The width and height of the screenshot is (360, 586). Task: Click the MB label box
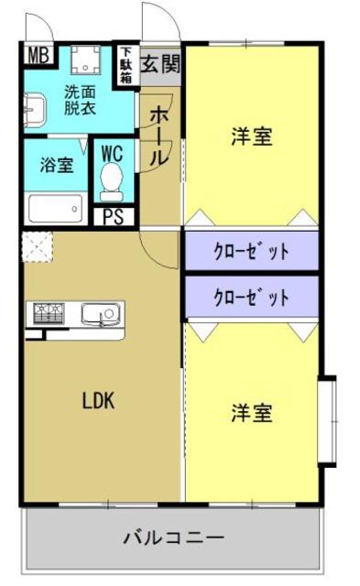click(x=38, y=55)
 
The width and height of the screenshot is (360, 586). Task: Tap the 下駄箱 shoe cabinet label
click(x=126, y=66)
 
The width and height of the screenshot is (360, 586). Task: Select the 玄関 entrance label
click(x=160, y=63)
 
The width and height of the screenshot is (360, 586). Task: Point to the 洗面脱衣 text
click(x=80, y=100)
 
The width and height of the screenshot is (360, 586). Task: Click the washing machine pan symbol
click(x=86, y=60)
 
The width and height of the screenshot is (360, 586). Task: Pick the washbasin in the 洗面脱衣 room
click(x=35, y=110)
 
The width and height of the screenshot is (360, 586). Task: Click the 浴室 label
click(x=56, y=165)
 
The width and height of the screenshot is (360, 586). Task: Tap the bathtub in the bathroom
click(x=56, y=209)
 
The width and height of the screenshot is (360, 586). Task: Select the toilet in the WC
click(x=111, y=181)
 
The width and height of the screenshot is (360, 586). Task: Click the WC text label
click(x=112, y=153)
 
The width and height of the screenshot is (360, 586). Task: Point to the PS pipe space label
click(x=114, y=216)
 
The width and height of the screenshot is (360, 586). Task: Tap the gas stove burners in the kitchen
click(x=49, y=313)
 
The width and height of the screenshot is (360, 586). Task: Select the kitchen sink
click(x=102, y=314)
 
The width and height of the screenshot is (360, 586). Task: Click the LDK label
click(x=98, y=401)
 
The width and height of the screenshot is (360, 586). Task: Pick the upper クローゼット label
click(x=251, y=251)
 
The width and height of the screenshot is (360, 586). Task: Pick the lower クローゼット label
click(x=251, y=298)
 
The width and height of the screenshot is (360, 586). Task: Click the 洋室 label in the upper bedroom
click(x=252, y=136)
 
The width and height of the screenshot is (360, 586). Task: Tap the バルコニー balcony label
click(x=174, y=537)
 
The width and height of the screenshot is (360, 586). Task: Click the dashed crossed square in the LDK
click(x=38, y=247)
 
